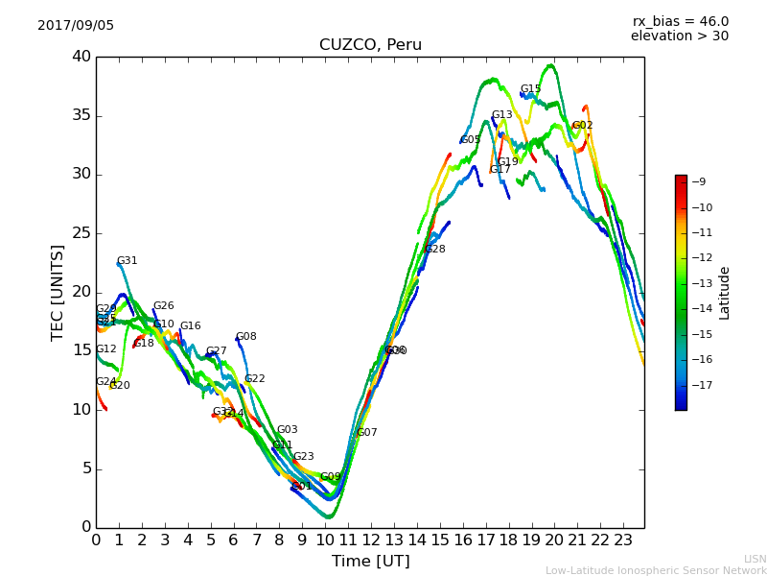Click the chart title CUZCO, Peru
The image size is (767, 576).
pos(370,45)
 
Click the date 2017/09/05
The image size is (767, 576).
pos(76,26)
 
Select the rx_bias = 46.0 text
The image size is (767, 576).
pos(680,21)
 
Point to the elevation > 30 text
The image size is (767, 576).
pos(679,36)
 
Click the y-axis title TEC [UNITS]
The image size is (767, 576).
pos(58,292)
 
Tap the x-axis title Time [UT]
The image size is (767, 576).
pos(370,562)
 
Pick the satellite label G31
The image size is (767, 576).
pos(128,261)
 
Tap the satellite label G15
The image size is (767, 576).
pos(531,89)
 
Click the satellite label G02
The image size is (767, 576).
pos(583,126)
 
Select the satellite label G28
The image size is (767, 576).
pos(435,250)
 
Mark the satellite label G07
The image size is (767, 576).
pos(367,433)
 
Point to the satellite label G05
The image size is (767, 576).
pos(471,140)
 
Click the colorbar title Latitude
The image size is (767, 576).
pos(725,293)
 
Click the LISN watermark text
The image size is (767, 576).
pos(755,559)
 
